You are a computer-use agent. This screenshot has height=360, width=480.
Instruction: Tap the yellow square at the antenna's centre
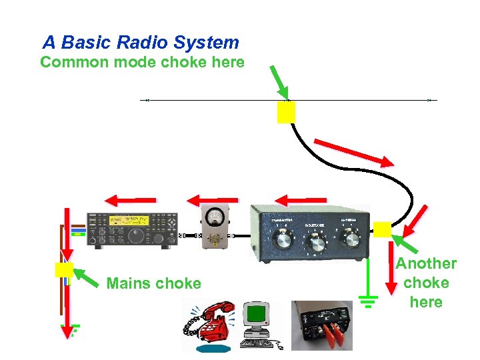point(286,113)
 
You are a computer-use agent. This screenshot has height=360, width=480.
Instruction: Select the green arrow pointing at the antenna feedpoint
point(279,82)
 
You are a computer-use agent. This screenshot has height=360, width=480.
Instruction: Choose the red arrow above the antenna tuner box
point(301,199)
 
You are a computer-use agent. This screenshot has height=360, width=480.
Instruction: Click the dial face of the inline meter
point(215,217)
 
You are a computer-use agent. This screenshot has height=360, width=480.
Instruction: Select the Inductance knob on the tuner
point(317,245)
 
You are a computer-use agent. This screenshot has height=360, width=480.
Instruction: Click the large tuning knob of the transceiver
point(136,235)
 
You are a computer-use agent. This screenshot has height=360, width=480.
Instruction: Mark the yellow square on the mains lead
point(64,269)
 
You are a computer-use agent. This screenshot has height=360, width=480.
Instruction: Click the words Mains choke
point(153,283)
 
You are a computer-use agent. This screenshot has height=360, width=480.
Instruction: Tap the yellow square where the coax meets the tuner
point(382,229)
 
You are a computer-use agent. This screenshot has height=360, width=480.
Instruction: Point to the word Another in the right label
point(426,264)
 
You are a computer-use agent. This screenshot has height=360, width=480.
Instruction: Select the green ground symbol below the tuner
point(368,300)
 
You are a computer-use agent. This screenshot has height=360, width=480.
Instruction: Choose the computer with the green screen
point(257,323)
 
